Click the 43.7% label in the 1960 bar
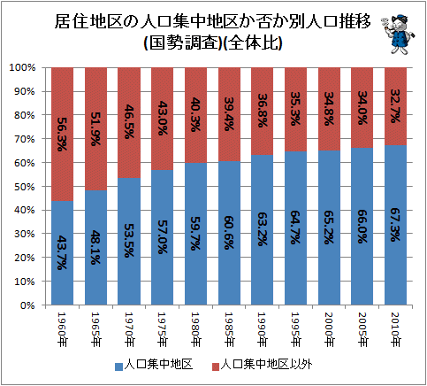(x=62, y=252)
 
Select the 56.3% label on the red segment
(x=62, y=135)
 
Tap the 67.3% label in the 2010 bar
(x=396, y=225)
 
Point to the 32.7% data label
(x=396, y=106)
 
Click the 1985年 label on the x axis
(x=229, y=330)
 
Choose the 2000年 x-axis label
(x=330, y=330)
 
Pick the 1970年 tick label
(x=129, y=330)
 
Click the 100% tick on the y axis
(x=22, y=67)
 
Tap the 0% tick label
(x=27, y=305)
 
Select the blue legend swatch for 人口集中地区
(x=118, y=367)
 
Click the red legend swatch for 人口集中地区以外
(x=216, y=367)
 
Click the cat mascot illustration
(x=399, y=34)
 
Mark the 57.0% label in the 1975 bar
(x=163, y=237)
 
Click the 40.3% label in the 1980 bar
(x=195, y=114)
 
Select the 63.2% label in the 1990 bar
(x=263, y=229)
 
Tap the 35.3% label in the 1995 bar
(x=295, y=109)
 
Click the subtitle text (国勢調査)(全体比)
(x=213, y=43)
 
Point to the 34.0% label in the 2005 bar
(x=362, y=108)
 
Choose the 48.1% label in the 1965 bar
(x=95, y=247)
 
